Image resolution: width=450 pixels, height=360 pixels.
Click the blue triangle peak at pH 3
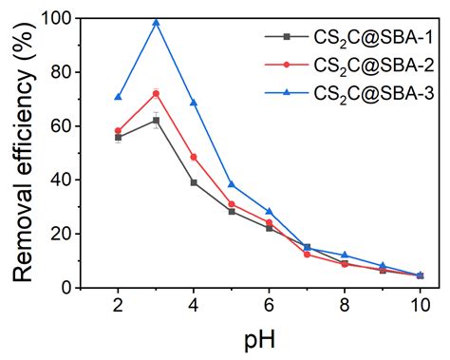(x=156, y=22)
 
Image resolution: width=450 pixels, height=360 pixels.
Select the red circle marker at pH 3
(x=156, y=93)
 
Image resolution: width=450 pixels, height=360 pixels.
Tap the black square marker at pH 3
(x=156, y=120)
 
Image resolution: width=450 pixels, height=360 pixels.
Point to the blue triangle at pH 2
(x=118, y=96)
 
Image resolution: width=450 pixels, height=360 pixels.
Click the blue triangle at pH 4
(x=194, y=102)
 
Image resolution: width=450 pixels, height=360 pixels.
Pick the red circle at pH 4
(x=194, y=157)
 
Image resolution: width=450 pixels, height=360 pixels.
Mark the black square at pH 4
(x=194, y=182)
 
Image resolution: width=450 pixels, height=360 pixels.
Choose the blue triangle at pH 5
(x=232, y=184)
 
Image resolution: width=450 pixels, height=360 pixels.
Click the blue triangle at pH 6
(x=270, y=211)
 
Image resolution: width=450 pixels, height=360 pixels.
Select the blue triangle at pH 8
(x=345, y=255)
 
